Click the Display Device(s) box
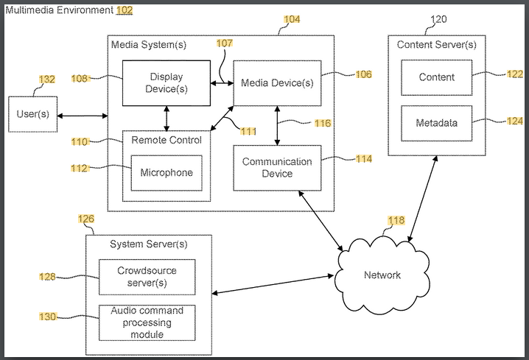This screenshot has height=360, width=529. (x=166, y=82)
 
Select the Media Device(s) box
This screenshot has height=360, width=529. (x=277, y=82)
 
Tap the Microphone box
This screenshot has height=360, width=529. (x=167, y=173)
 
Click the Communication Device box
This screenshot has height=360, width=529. (x=277, y=168)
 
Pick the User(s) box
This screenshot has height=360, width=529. (x=32, y=114)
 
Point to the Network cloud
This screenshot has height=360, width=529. (x=382, y=274)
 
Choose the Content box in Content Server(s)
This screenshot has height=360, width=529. (x=436, y=77)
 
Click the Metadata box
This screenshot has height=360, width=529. (x=436, y=123)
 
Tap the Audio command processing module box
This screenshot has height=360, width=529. (x=147, y=322)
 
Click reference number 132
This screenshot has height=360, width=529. (x=46, y=80)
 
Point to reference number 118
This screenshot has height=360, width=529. (x=396, y=220)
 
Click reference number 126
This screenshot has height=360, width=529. (x=85, y=219)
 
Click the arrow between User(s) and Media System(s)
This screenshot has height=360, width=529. (x=83, y=116)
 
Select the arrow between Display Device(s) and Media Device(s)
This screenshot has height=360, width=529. (x=222, y=82)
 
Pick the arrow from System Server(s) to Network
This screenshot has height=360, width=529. (x=273, y=285)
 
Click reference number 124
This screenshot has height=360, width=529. (x=514, y=121)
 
